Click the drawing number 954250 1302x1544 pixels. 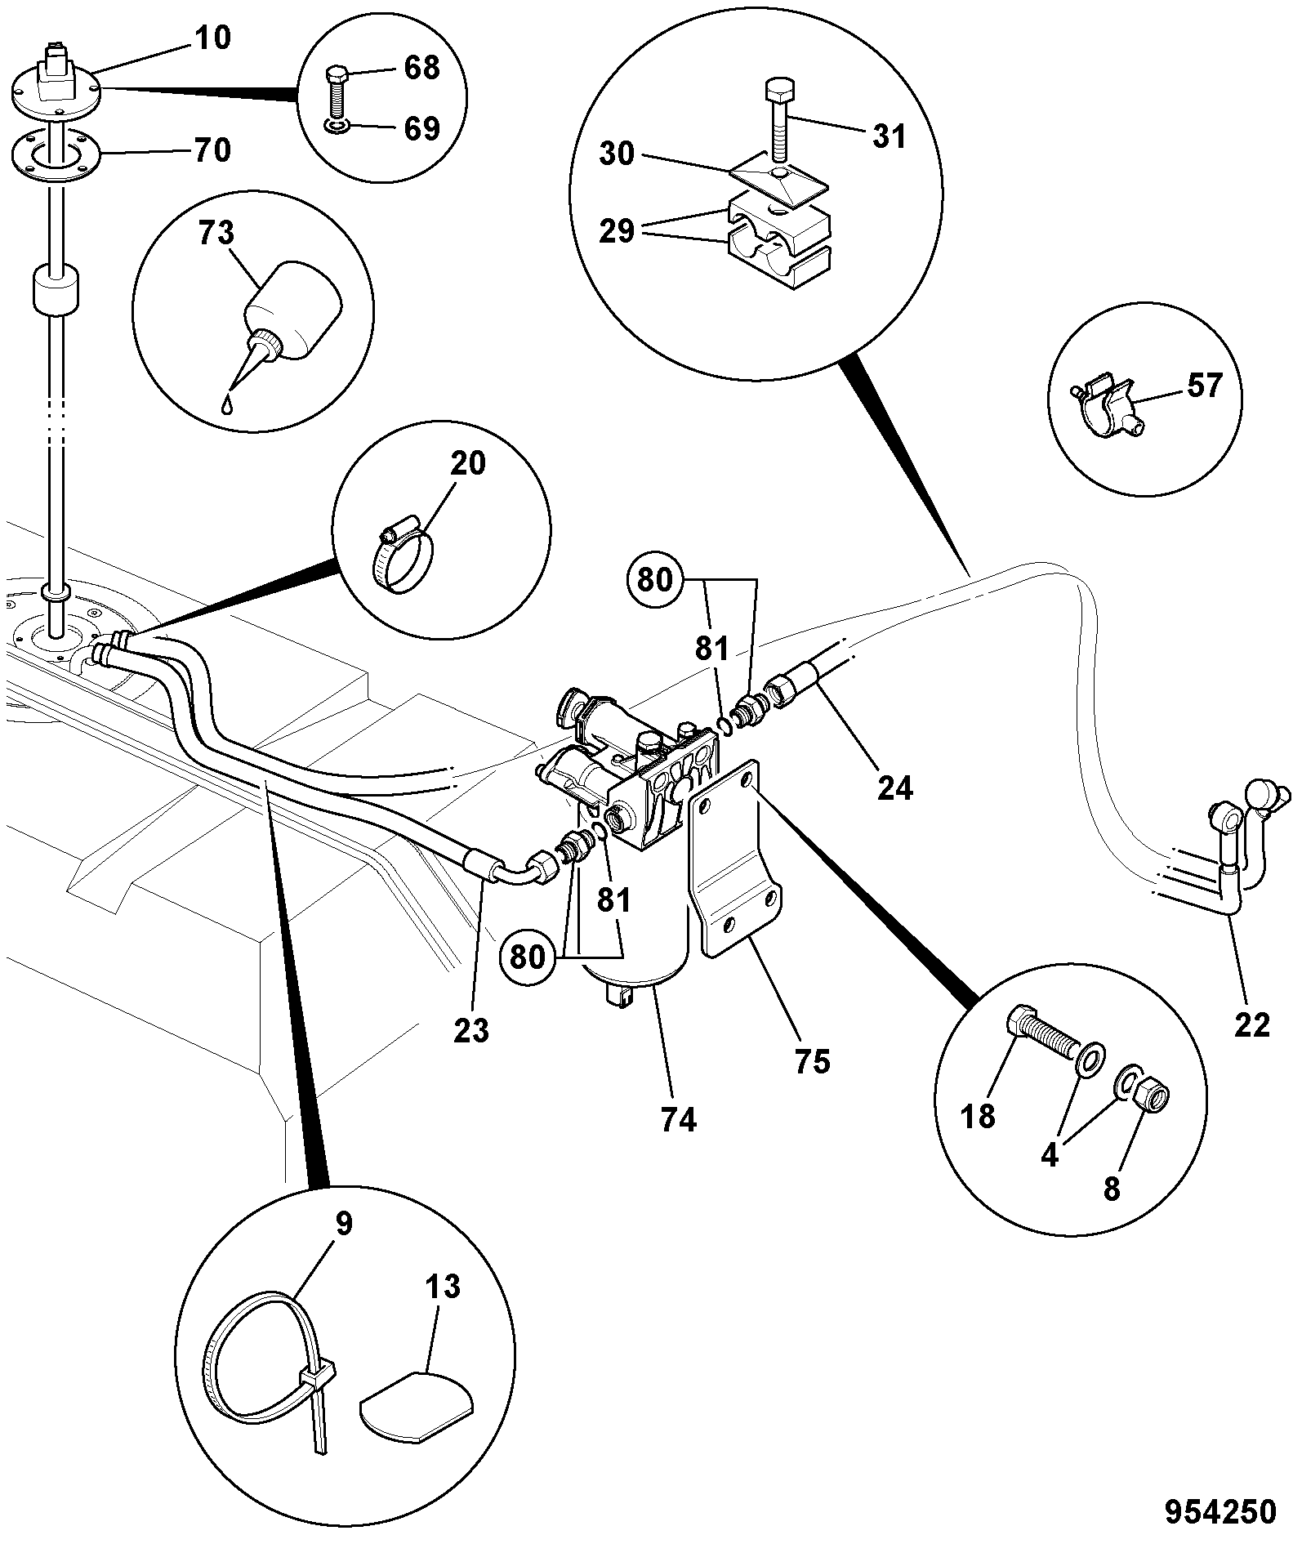(x=1220, y=1512)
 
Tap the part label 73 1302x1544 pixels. (x=216, y=234)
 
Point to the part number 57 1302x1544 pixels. (x=1205, y=386)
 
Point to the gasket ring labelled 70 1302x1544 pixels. (x=54, y=153)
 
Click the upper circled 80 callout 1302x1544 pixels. (x=653, y=579)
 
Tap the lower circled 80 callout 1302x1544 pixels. (x=528, y=956)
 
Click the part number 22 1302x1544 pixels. (x=1252, y=1024)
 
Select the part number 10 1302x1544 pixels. (x=212, y=38)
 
